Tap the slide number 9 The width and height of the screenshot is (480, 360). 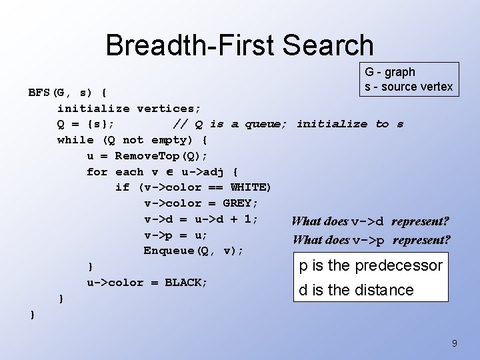(454, 343)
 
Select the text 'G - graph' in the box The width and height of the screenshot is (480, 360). (389, 72)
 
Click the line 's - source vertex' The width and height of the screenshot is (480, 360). (408, 87)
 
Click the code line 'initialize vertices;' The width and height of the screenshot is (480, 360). (129, 107)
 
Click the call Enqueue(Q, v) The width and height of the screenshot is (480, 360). (193, 251)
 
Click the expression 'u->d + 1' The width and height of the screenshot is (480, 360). (226, 219)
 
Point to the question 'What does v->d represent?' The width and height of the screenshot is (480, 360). (370, 221)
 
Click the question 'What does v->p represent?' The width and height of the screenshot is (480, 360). (371, 240)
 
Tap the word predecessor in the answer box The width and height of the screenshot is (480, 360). (398, 265)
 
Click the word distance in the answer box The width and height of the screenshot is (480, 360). (385, 290)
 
